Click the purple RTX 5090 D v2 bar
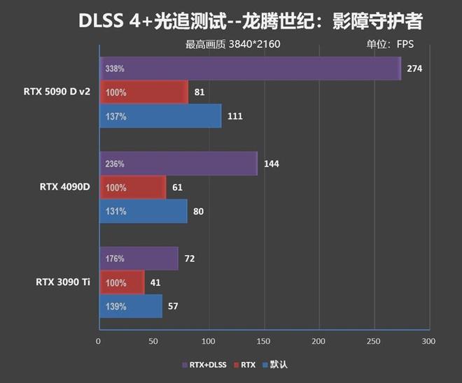pyautogui.click(x=251, y=68)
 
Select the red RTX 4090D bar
pyautogui.click(x=133, y=187)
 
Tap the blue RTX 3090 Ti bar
pyautogui.click(x=131, y=306)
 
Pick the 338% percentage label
pyautogui.click(x=115, y=69)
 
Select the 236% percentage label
pyautogui.click(x=115, y=164)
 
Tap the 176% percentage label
pyautogui.click(x=115, y=259)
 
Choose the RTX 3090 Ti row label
pyautogui.click(x=62, y=282)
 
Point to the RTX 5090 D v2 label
pyautogui.click(x=57, y=92)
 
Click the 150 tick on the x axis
pyautogui.click(x=264, y=342)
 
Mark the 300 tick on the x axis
pyautogui.click(x=429, y=342)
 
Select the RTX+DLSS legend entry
pyautogui.click(x=206, y=364)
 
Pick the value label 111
pyautogui.click(x=235, y=116)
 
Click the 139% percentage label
pyautogui.click(x=115, y=306)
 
